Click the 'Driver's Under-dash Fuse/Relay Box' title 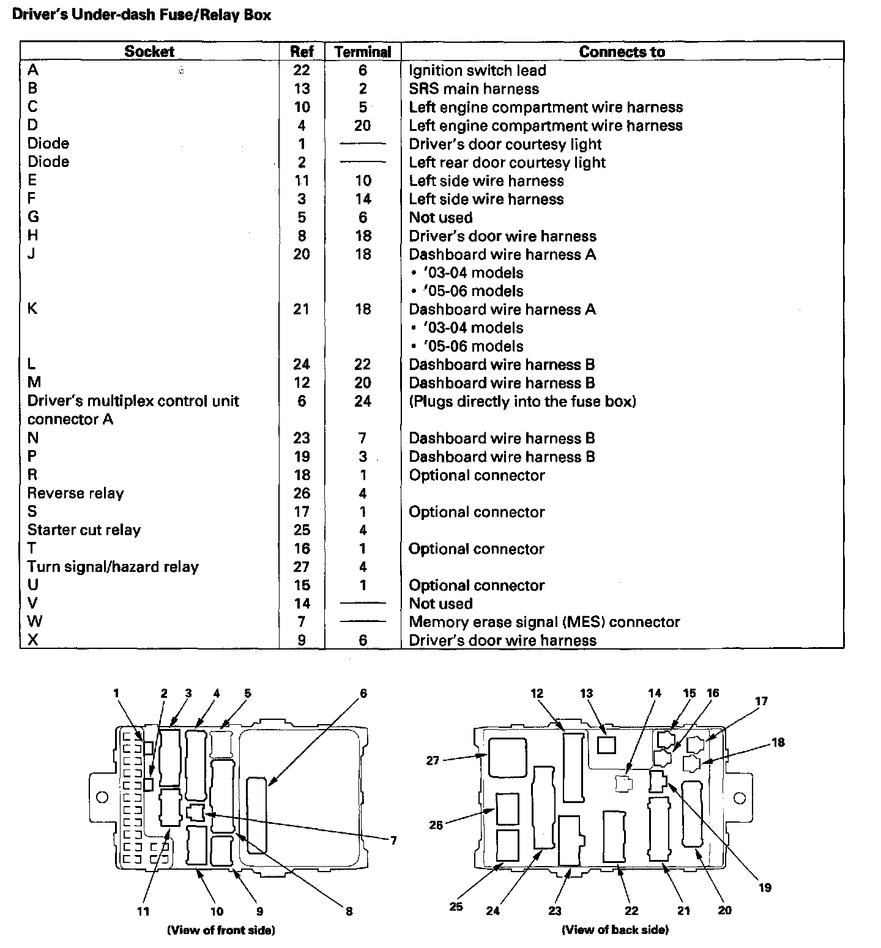point(141,14)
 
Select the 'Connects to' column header point(622,52)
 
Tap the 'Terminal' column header point(363,52)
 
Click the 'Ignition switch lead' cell point(477,70)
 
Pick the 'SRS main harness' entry point(474,89)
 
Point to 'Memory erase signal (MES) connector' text point(544,622)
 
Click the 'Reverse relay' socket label point(75,494)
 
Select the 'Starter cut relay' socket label point(84,530)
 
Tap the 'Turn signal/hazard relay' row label point(113,567)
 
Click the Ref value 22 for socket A point(302,70)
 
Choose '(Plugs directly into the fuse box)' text point(522,401)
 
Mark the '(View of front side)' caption point(221,930)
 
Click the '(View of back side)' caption point(615,930)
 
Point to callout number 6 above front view point(363,694)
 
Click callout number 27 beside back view point(433,761)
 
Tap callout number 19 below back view point(765,887)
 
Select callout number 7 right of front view point(393,840)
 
